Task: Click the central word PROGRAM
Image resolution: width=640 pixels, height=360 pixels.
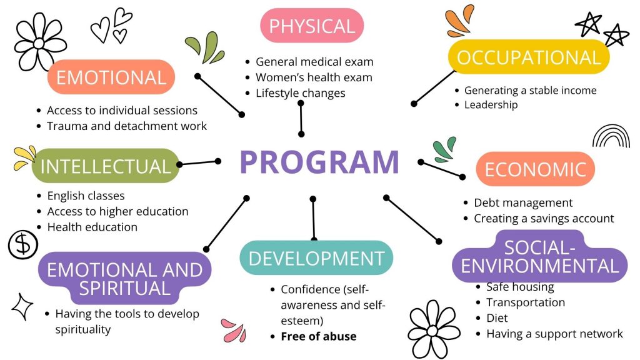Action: coord(319,162)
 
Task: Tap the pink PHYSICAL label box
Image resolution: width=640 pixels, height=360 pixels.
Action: coord(312,26)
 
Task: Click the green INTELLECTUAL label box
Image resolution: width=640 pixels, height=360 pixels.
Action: coord(105,166)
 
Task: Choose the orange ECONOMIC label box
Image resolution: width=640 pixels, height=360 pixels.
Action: coord(536,169)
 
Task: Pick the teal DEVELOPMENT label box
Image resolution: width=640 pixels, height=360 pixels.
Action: coord(316,257)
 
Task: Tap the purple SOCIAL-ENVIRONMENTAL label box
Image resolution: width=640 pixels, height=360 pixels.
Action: coord(539,256)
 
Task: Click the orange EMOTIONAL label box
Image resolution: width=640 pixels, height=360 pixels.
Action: coord(111,77)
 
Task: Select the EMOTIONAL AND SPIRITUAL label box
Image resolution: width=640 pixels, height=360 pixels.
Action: coord(125,278)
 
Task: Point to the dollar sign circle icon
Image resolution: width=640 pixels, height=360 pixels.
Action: coord(23,244)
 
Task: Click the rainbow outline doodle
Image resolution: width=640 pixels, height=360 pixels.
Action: coord(611,136)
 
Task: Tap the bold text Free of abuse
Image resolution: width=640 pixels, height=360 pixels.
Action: coord(319,336)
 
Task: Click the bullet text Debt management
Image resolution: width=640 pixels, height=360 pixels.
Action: coord(523,203)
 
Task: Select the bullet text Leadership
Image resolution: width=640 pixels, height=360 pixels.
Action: coord(491,105)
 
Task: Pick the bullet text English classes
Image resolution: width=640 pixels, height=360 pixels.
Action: coord(86,196)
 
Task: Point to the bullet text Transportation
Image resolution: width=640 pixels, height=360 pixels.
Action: coord(526,302)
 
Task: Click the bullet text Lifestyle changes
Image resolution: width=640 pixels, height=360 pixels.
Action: coord(300,93)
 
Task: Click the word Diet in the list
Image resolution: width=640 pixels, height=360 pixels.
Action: coord(497,318)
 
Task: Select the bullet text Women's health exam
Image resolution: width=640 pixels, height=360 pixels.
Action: coord(314,77)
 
